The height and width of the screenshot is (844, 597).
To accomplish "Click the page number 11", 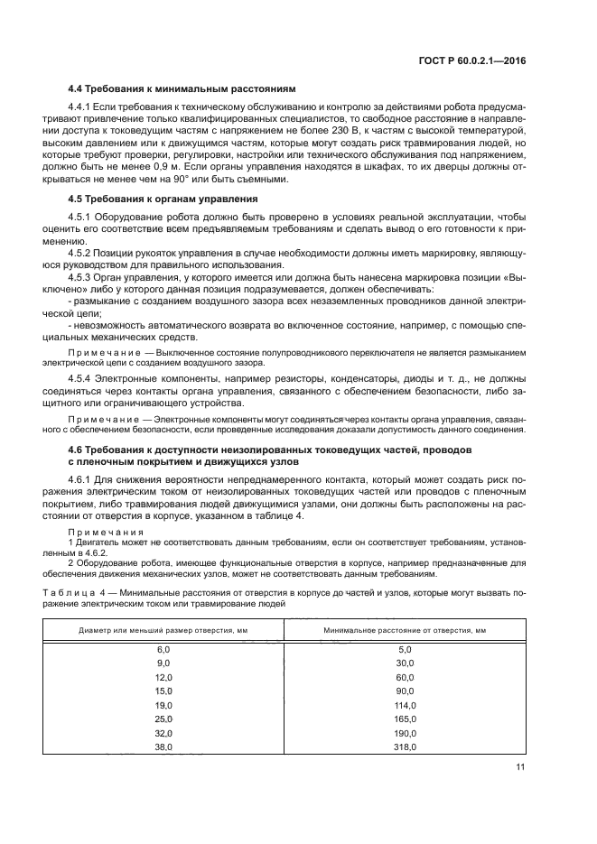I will pos(520,767).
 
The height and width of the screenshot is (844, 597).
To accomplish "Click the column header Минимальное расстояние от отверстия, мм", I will pos(405,629).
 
